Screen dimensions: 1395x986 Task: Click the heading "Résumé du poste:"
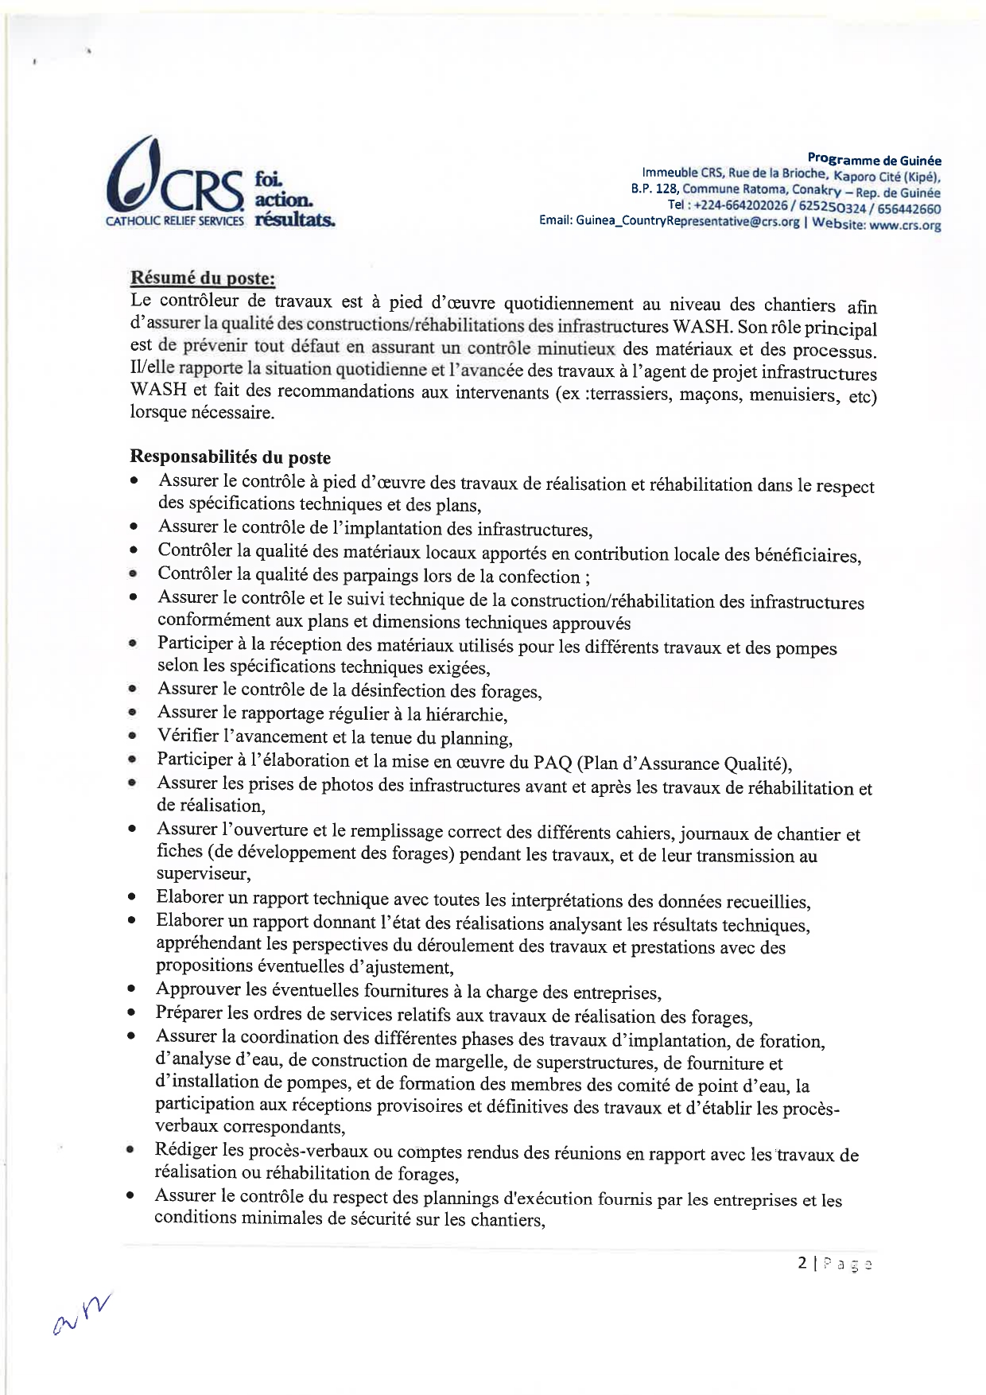(203, 278)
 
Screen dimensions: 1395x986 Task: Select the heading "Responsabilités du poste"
(230, 457)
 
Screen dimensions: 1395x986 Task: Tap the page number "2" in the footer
(802, 1262)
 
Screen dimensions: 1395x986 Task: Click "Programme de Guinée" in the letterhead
(874, 160)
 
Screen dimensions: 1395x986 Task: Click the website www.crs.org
(905, 225)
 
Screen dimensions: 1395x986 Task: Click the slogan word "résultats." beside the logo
(294, 220)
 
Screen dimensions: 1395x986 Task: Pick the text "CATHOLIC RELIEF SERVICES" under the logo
(175, 222)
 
